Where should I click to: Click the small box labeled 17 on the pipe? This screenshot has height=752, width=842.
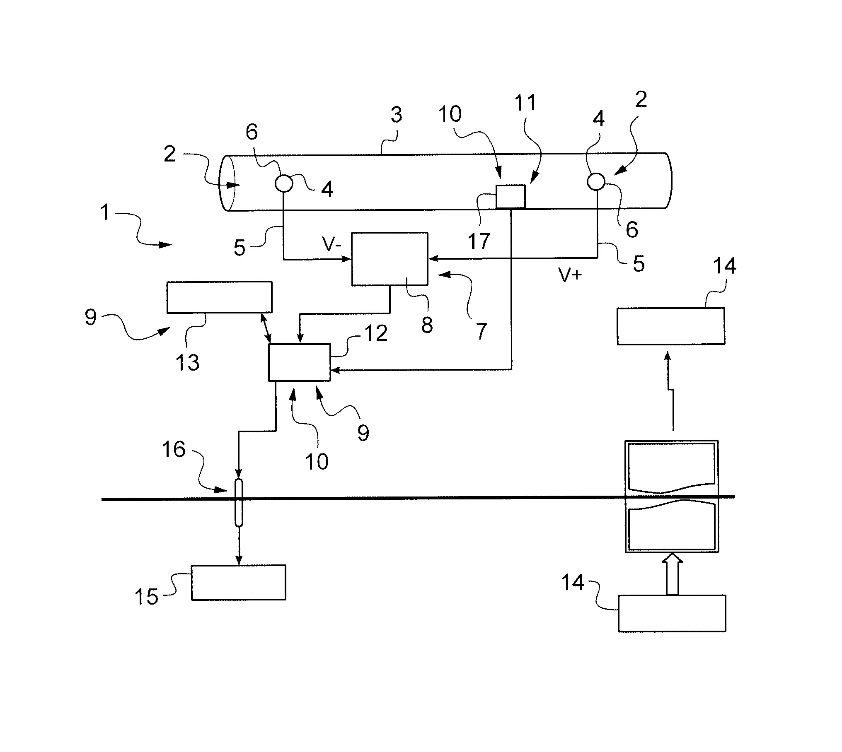coord(511,196)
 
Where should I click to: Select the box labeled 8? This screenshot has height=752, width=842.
coord(390,259)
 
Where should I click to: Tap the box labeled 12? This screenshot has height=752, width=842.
coord(300,362)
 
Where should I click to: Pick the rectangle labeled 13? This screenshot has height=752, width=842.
coord(219,297)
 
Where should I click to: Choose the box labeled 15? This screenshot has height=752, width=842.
coord(238,582)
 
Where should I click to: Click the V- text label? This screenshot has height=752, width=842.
coord(332,245)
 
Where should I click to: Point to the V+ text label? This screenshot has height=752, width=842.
coord(570,275)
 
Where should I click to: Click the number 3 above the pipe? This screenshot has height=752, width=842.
coord(396,115)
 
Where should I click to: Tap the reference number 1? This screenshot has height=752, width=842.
coord(105,213)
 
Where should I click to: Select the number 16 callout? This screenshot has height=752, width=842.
coord(174,449)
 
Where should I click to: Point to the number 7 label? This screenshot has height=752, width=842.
coord(480,332)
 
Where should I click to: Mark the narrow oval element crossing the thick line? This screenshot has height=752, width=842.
coord(239,502)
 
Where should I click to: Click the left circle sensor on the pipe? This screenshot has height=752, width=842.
coord(284,183)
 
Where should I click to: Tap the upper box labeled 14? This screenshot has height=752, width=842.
coord(671,326)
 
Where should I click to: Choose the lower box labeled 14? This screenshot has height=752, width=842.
coord(672,613)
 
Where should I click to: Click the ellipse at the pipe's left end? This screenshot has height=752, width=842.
coord(229,183)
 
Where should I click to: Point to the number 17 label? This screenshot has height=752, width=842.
coord(479,241)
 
